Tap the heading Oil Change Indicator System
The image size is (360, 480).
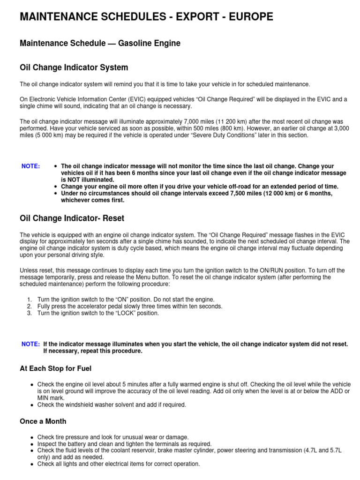(74, 67)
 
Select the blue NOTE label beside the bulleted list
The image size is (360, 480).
(31, 166)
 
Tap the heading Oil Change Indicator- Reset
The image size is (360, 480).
(72, 218)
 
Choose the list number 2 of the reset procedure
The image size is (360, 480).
(29, 306)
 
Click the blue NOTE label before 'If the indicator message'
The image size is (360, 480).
(30, 344)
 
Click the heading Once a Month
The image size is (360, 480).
(43, 421)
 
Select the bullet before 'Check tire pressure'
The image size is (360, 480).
(31, 437)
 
